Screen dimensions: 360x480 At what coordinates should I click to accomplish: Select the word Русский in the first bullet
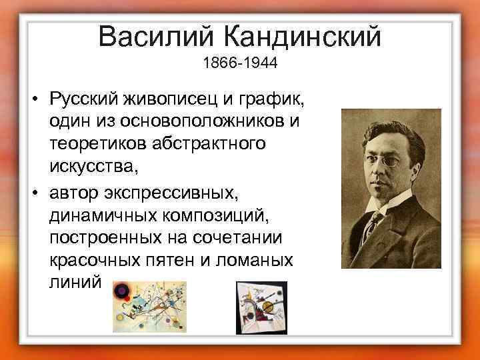point(83,101)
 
